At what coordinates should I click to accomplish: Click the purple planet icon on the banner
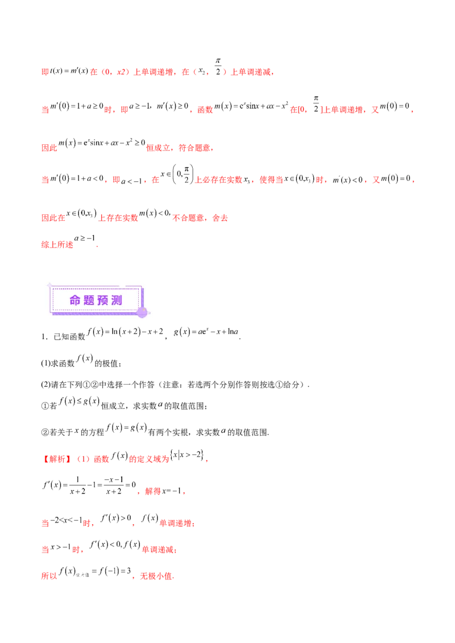click(x=142, y=311)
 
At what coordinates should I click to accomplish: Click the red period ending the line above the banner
click(x=98, y=246)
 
